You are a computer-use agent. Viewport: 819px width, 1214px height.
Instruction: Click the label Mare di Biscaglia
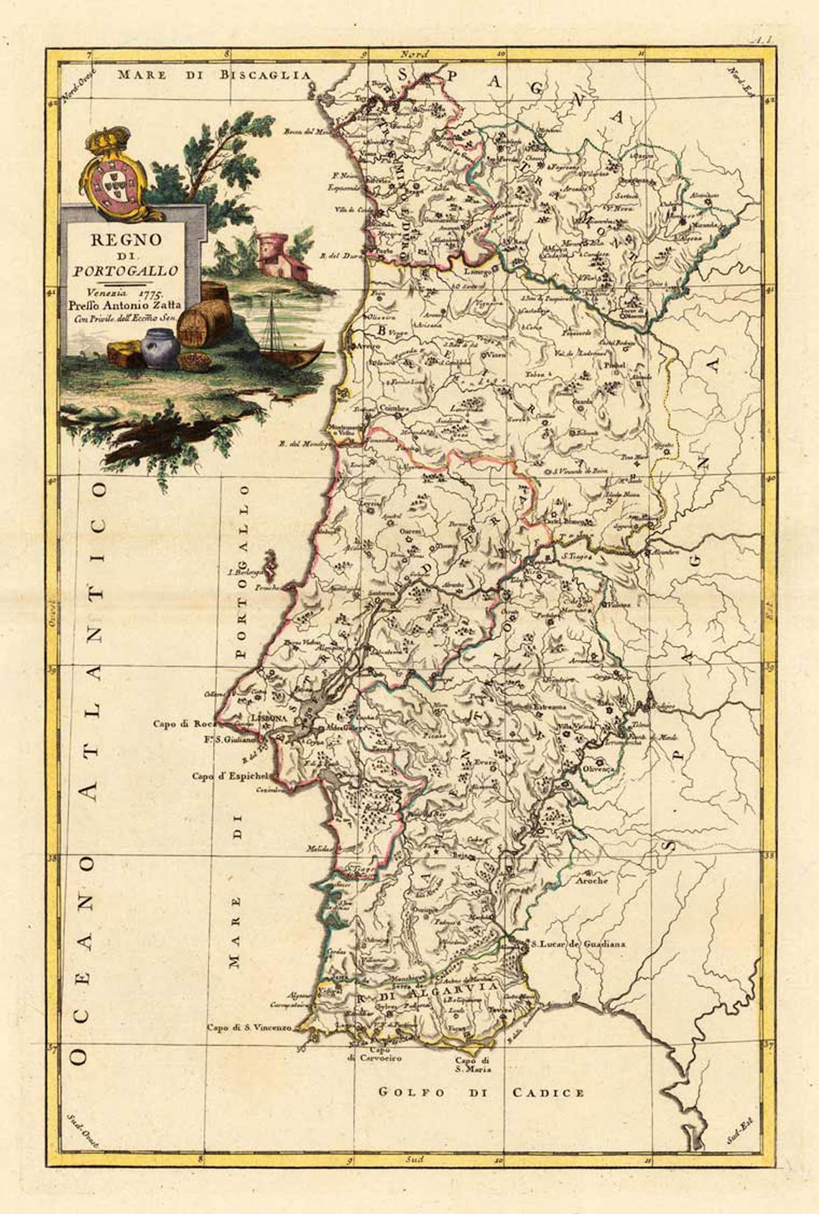tap(214, 75)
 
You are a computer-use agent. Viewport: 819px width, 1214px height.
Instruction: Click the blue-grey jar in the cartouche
tap(159, 348)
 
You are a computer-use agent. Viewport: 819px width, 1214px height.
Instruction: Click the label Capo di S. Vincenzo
tap(249, 1028)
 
